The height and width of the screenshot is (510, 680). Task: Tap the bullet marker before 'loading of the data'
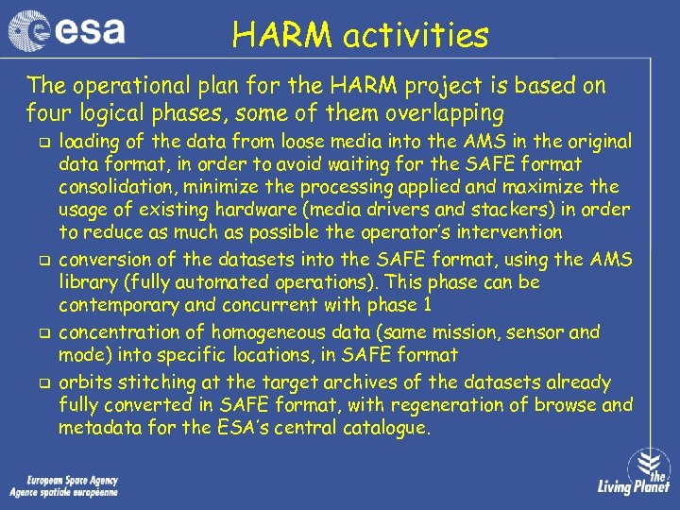pyautogui.click(x=42, y=143)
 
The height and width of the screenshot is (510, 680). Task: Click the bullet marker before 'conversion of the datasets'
pyautogui.click(x=42, y=261)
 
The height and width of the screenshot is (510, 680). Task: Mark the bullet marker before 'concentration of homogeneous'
pyautogui.click(x=42, y=333)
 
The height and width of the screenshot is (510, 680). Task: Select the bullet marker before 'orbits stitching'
pyautogui.click(x=42, y=383)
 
